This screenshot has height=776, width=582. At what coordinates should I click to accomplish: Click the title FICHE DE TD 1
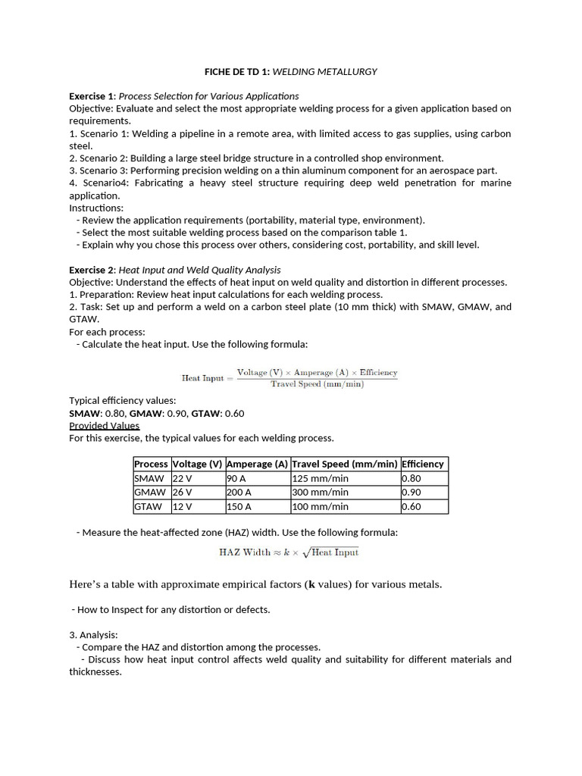click(237, 72)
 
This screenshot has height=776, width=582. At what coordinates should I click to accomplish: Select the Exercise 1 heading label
click(92, 96)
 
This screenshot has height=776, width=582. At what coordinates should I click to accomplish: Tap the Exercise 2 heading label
click(92, 270)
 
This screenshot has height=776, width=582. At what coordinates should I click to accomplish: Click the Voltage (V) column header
click(198, 464)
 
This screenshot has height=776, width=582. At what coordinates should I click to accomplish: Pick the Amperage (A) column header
click(258, 464)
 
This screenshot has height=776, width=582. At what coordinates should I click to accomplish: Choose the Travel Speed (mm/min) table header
click(345, 464)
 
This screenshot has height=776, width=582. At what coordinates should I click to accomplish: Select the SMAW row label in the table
click(149, 478)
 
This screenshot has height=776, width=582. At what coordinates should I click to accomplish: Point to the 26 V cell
click(183, 493)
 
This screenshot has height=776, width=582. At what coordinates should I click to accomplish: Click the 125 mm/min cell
click(321, 478)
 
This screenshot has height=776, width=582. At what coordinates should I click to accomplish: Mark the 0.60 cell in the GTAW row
click(411, 506)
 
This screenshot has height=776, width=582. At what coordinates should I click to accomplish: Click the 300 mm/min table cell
click(321, 493)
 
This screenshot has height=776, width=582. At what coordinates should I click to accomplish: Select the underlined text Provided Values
click(105, 426)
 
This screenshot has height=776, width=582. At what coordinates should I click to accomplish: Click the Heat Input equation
click(289, 377)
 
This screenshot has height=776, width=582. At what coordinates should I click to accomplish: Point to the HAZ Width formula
click(289, 552)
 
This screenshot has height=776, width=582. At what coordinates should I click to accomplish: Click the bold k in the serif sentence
click(310, 584)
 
